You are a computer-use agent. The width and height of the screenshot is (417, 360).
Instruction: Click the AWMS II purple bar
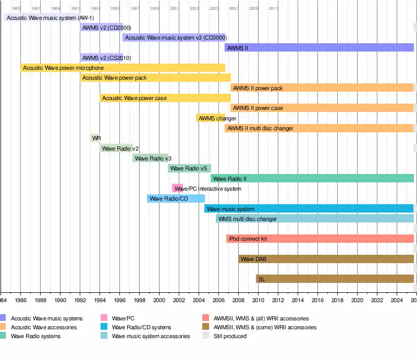[319, 47]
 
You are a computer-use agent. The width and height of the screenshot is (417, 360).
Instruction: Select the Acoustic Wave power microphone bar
[123, 68]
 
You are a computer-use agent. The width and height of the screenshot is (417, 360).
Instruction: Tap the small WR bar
[95, 138]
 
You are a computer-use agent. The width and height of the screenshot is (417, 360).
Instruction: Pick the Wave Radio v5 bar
[189, 168]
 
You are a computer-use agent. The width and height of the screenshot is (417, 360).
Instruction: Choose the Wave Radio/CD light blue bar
[176, 198]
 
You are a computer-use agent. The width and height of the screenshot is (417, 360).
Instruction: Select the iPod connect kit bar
[320, 239]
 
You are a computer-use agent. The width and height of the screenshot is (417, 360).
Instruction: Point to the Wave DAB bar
[326, 259]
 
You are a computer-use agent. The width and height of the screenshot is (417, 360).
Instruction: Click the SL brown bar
[335, 279]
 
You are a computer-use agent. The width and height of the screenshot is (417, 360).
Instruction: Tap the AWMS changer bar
[211, 118]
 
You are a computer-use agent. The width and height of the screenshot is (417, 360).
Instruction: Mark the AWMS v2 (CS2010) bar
[101, 57]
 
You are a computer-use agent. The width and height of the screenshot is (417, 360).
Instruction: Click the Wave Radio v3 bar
[151, 158]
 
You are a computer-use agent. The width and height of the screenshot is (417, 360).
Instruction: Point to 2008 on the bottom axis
[239, 301]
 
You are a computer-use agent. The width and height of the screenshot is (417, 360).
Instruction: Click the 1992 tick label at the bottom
[80, 301]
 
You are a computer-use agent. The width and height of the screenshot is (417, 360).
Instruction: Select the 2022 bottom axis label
[377, 301]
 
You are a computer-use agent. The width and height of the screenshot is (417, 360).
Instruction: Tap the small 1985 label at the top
[16, 8]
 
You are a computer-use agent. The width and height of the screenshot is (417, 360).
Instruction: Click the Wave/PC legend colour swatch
[104, 318]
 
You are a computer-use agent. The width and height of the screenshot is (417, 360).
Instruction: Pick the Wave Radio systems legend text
[35, 336]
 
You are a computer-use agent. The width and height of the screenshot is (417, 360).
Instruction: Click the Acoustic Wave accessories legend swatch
[3, 327]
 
